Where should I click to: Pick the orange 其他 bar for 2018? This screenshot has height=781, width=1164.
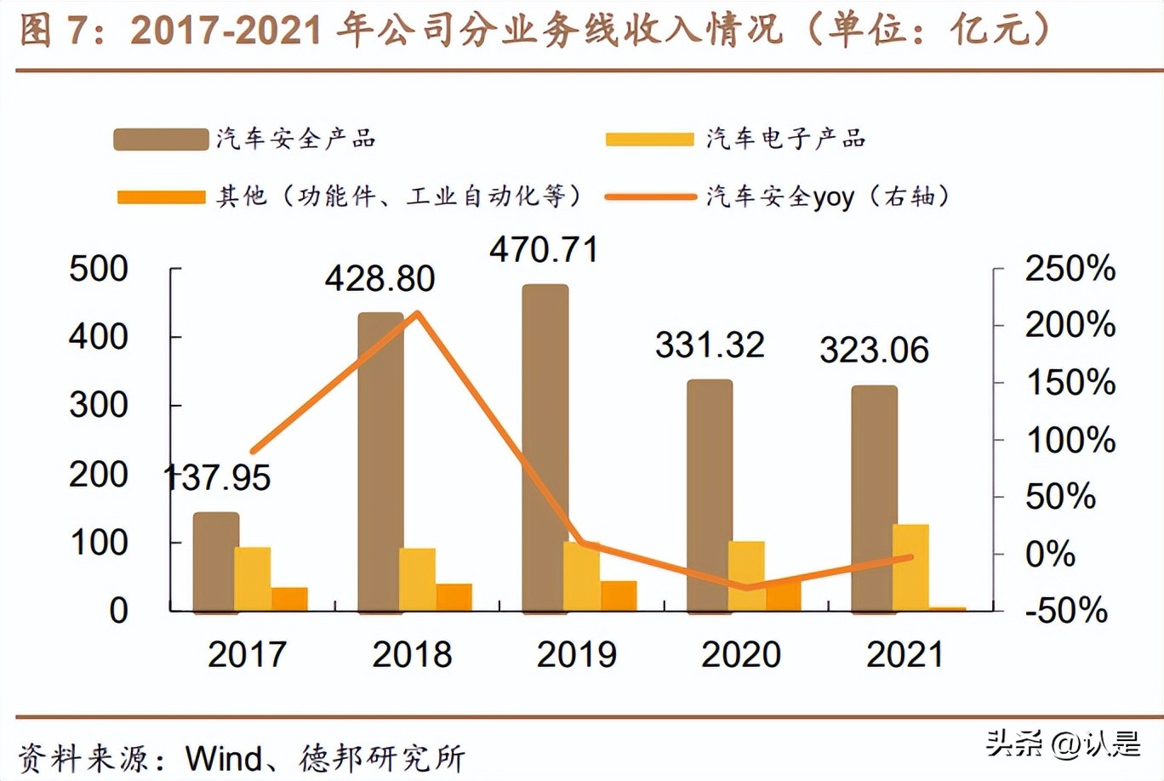(x=454, y=597)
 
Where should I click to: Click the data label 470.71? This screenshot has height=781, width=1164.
(x=544, y=250)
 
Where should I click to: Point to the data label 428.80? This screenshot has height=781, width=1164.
(x=379, y=279)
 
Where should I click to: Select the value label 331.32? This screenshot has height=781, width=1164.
(x=710, y=345)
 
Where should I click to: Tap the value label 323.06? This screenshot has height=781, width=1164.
(x=874, y=351)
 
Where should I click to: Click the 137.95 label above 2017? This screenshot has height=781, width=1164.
(x=217, y=477)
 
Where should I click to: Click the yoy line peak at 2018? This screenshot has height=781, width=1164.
(x=417, y=313)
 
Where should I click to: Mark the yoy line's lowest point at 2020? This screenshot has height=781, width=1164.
(x=746, y=587)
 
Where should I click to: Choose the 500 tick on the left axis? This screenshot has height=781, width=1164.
(x=98, y=269)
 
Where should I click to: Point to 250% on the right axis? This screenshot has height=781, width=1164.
(x=1070, y=269)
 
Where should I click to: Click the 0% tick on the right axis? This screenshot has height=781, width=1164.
(x=1050, y=554)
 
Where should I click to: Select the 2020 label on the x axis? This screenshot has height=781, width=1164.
(x=740, y=654)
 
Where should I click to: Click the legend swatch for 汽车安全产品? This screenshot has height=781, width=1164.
(x=161, y=140)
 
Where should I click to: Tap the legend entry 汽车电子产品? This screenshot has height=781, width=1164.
(x=785, y=139)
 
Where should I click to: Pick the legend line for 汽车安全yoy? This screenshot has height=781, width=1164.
(x=650, y=197)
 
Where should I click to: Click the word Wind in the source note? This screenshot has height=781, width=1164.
(x=224, y=757)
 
